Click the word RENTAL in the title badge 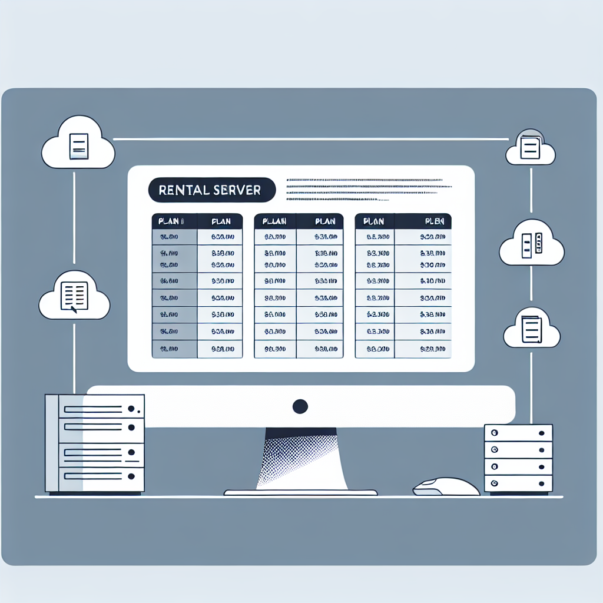(x=183, y=191)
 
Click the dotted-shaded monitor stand (x=300, y=459)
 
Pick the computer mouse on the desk (x=446, y=487)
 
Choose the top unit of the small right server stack (x=518, y=433)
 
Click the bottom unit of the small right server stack (x=518, y=483)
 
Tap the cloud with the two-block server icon (x=531, y=245)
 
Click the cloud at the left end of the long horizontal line (x=78, y=145)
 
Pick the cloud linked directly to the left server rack (x=74, y=297)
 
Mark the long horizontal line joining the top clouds (x=310, y=139)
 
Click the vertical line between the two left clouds (x=74, y=218)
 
